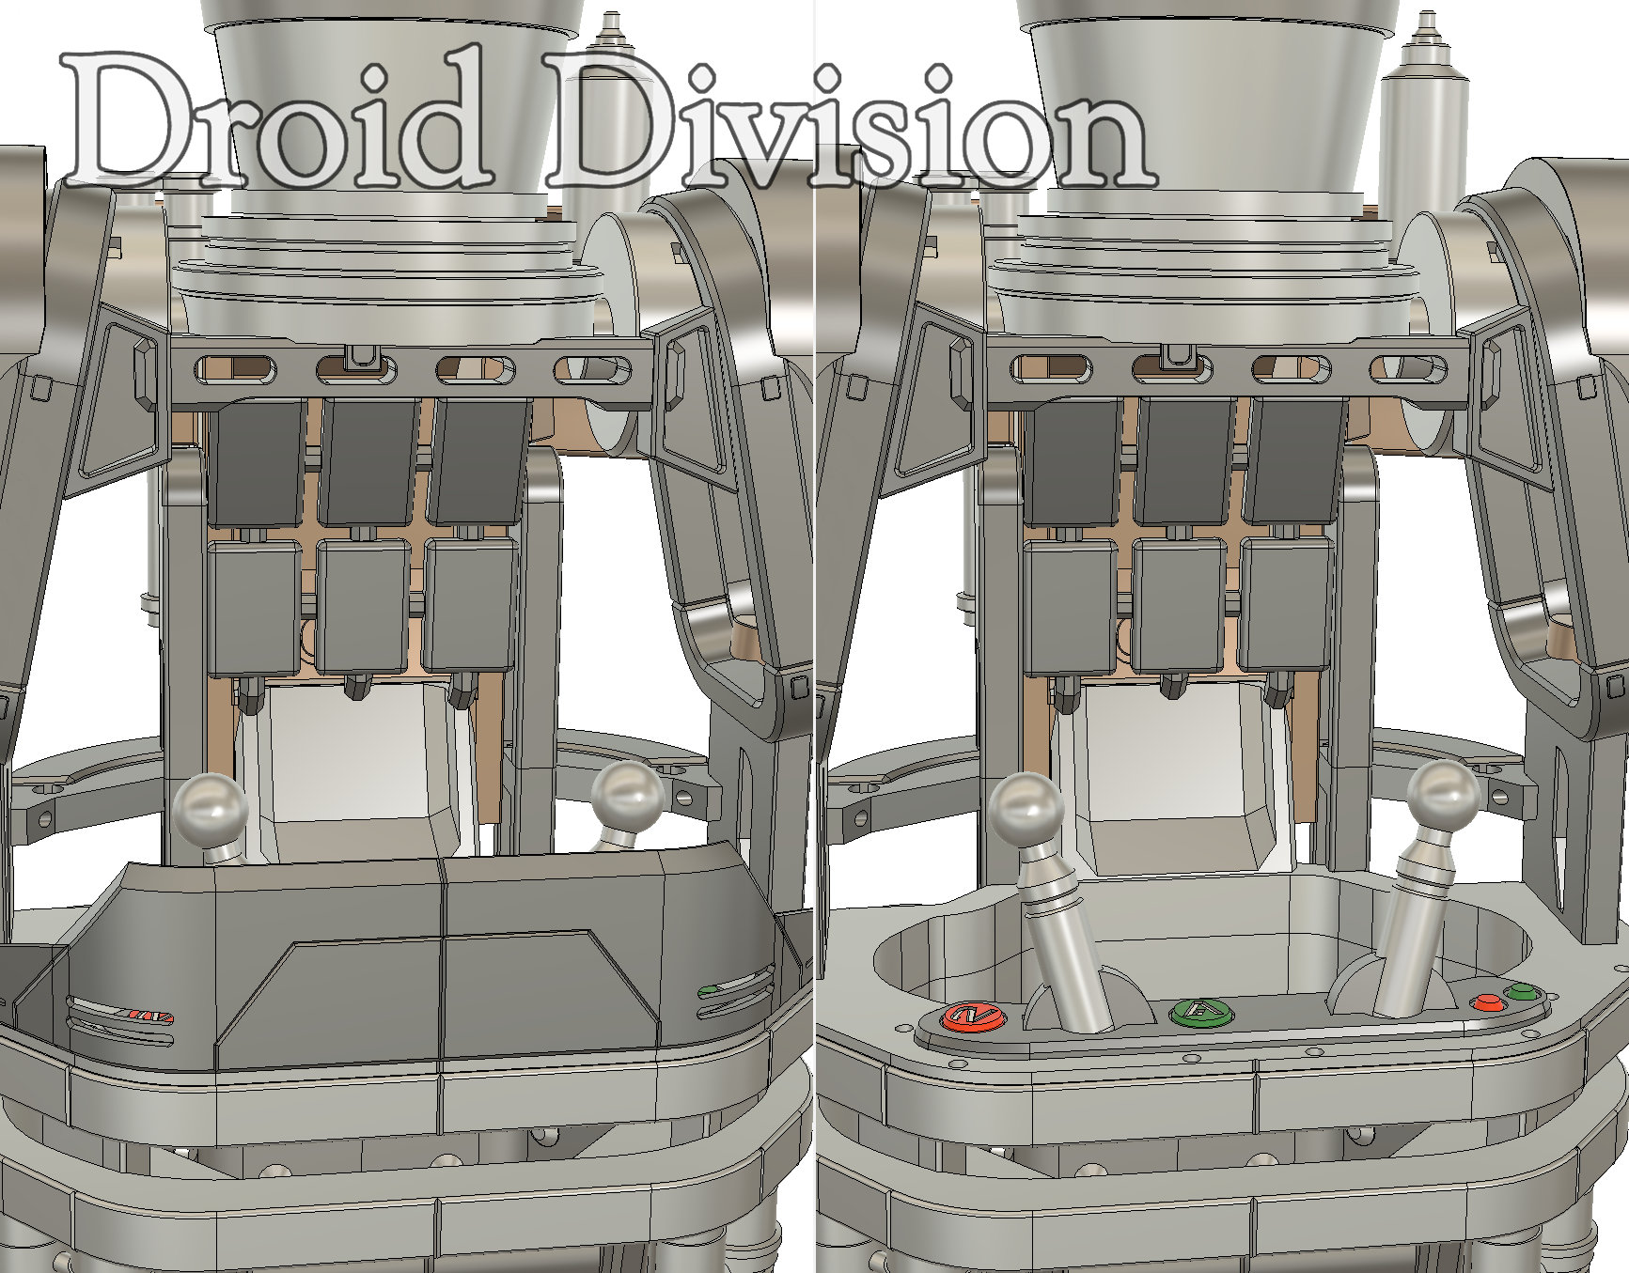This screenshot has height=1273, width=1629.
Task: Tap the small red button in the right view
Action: point(1486,1002)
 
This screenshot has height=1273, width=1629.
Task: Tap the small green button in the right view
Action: point(1519,992)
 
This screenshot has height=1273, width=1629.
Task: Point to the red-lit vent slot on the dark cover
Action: point(122,1017)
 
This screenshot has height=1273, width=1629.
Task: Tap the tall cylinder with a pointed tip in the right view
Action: point(1425,122)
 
